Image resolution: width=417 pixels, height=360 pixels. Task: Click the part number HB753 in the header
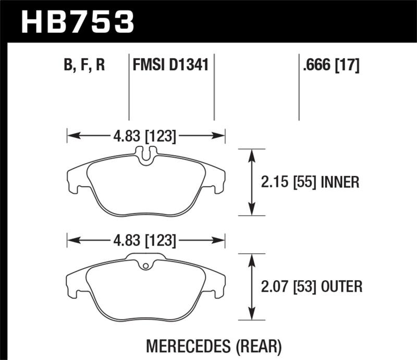click(77, 21)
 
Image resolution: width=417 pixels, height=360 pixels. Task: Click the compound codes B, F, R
click(85, 66)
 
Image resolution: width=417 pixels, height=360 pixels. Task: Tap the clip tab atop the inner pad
click(146, 153)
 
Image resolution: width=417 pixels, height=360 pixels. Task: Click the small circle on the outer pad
click(146, 267)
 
